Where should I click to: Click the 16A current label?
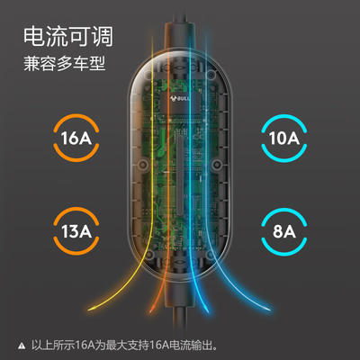(x=76, y=138)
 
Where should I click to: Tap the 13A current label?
(x=76, y=231)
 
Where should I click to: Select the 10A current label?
(x=284, y=138)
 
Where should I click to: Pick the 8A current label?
(x=284, y=231)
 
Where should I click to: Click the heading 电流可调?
(x=68, y=37)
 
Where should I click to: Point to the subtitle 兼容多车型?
(x=65, y=64)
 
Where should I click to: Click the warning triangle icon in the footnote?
(x=22, y=346)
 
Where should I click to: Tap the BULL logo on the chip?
(x=180, y=98)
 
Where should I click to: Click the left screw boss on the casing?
(x=143, y=164)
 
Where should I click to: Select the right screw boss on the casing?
(x=217, y=164)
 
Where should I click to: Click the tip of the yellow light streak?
(x=89, y=309)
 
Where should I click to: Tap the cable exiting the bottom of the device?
(x=180, y=333)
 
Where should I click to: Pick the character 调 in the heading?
(x=103, y=37)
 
